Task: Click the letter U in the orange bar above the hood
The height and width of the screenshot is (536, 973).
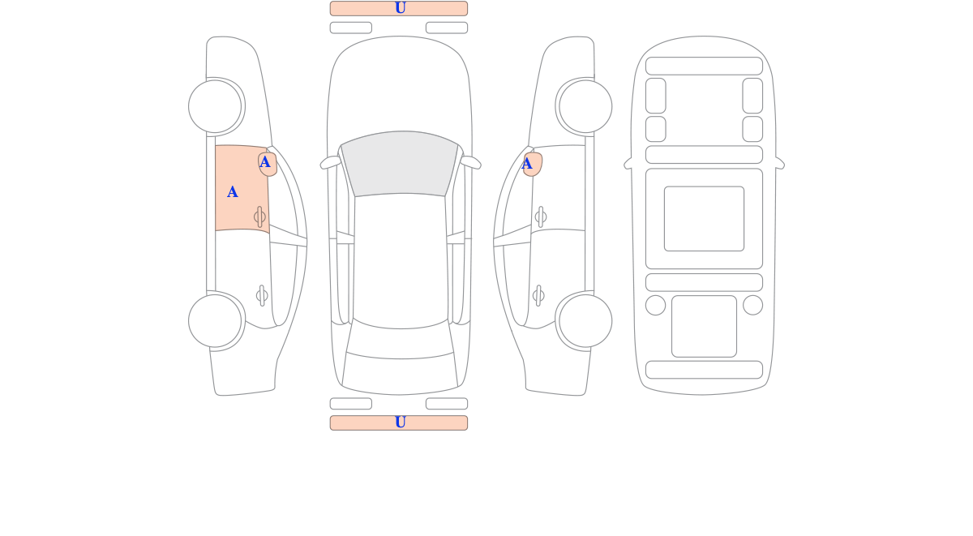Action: click(401, 8)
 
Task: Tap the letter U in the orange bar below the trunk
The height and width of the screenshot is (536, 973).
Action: click(401, 422)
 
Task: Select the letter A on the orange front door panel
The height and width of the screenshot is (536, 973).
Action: click(233, 191)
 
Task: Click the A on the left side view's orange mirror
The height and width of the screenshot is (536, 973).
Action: click(264, 162)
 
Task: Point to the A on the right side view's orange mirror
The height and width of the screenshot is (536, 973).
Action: click(527, 164)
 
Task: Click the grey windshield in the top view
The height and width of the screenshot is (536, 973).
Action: click(400, 163)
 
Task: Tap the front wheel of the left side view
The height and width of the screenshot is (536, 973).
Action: click(215, 106)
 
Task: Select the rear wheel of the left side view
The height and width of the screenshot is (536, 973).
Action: click(215, 321)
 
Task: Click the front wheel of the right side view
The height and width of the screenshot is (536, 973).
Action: click(585, 106)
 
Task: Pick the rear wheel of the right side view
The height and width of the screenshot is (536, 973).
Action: click(585, 321)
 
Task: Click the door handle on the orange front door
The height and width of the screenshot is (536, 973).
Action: click(259, 217)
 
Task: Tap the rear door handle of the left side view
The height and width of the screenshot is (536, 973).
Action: click(262, 296)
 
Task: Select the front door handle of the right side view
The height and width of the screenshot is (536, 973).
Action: click(541, 217)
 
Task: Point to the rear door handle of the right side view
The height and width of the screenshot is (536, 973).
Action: click(538, 296)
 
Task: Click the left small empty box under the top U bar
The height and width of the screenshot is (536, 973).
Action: click(351, 28)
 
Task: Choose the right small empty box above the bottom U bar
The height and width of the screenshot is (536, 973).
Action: click(447, 404)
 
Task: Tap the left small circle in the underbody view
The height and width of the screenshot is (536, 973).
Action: click(655, 305)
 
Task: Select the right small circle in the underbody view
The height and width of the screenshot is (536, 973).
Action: click(752, 305)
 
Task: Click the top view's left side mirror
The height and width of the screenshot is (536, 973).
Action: click(330, 162)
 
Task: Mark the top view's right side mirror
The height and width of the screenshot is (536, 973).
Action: click(471, 162)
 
